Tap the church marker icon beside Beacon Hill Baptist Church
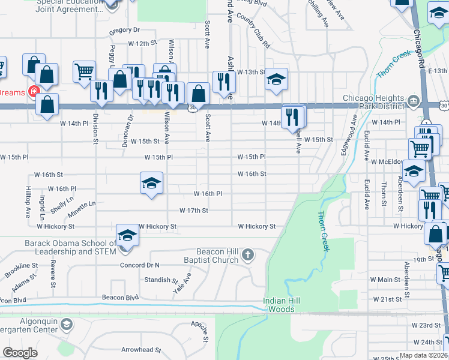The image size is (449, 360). [x=247, y=256]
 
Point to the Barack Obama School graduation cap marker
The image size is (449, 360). [x=127, y=235]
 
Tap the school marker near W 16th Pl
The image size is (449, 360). [x=152, y=183]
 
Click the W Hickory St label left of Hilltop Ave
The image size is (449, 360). [x=55, y=227]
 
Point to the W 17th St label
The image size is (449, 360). [x=194, y=211]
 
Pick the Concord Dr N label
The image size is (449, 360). [x=140, y=265]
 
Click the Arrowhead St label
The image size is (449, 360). [x=141, y=349]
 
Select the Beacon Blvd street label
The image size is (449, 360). [x=120, y=297]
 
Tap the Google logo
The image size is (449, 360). [x=20, y=353]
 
